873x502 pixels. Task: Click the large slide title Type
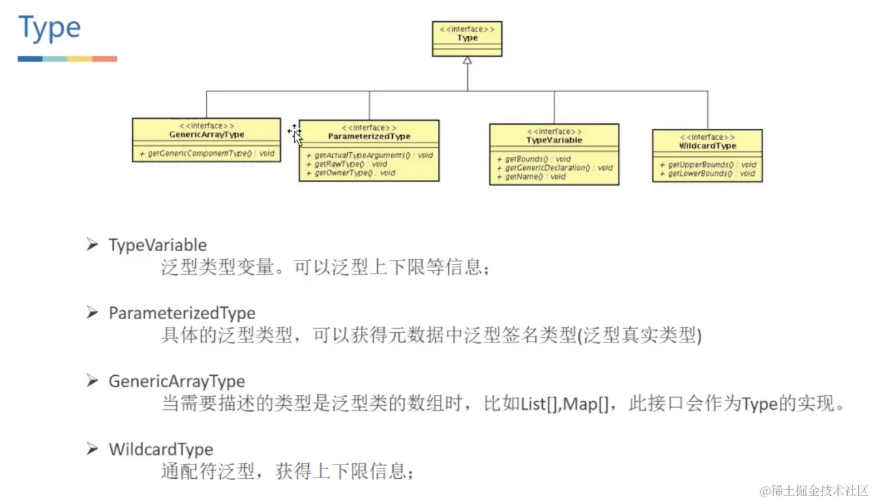click(50, 29)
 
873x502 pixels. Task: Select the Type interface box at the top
click(467, 38)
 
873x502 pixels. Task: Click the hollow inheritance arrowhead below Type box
click(467, 61)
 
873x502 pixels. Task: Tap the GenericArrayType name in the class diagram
click(207, 134)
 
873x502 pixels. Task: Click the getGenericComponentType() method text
click(207, 153)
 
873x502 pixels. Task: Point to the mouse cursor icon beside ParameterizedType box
click(295, 134)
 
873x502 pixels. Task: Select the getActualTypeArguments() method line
click(369, 156)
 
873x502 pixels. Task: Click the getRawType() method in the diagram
click(347, 164)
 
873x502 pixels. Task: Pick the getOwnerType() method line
click(351, 173)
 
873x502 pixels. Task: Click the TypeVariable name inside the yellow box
click(554, 140)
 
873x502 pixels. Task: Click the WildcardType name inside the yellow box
click(707, 146)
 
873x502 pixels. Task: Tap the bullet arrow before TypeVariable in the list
click(93, 244)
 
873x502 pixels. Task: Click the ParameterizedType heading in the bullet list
click(181, 313)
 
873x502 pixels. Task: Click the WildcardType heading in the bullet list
click(160, 449)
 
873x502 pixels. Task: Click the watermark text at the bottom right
click(814, 490)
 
